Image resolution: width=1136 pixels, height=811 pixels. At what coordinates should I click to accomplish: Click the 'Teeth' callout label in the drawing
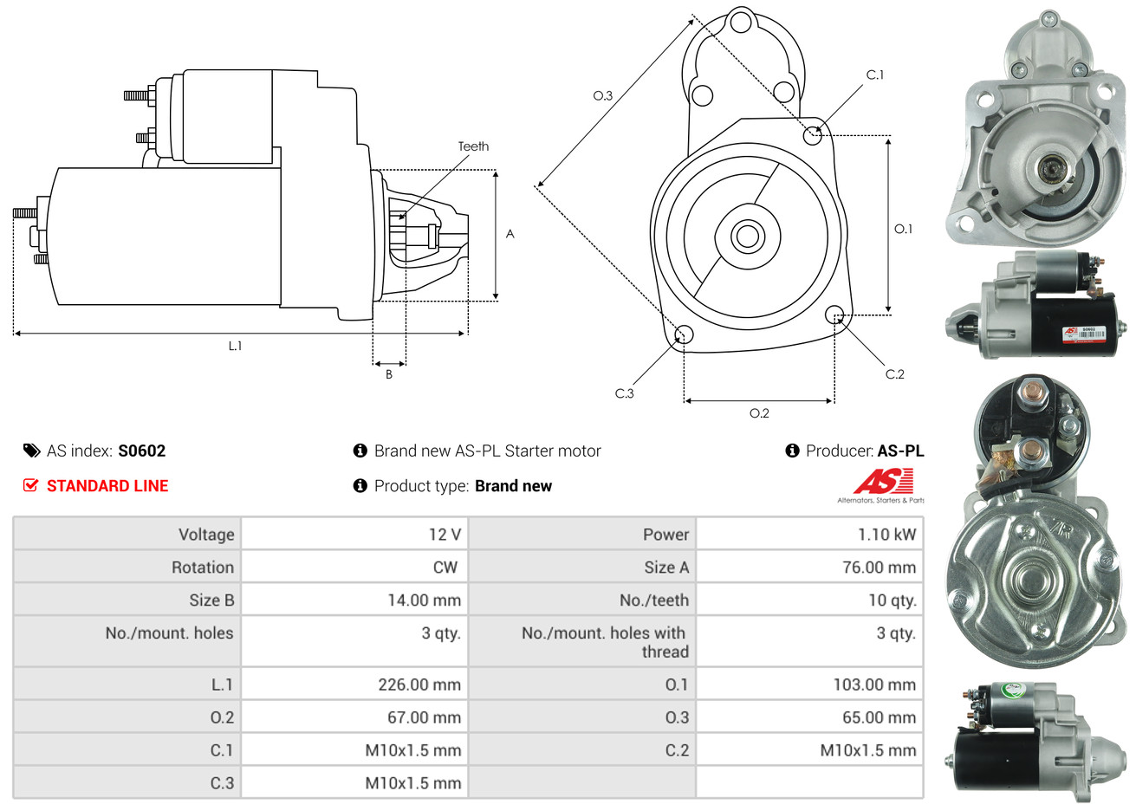(x=473, y=146)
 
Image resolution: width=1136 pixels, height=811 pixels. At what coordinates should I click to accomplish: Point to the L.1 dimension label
(x=235, y=346)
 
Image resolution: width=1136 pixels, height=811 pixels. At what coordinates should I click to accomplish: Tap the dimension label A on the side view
(x=510, y=234)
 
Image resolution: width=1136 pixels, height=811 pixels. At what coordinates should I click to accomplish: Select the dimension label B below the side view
(x=389, y=374)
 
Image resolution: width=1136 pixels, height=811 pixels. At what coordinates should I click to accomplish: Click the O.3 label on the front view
(x=602, y=95)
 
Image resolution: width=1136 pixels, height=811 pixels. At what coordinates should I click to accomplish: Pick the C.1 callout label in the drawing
(x=875, y=75)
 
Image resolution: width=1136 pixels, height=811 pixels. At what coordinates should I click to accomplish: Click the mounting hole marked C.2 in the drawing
(x=834, y=314)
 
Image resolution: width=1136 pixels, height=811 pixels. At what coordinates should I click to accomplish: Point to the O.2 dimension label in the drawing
(x=759, y=413)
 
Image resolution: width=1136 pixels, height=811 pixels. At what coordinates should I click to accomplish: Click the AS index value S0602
(x=141, y=451)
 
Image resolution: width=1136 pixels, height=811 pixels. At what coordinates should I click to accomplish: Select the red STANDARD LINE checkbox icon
(x=31, y=485)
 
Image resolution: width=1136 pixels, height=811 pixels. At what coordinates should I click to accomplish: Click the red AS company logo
(x=883, y=482)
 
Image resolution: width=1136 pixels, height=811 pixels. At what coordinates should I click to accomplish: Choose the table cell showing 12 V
(x=445, y=535)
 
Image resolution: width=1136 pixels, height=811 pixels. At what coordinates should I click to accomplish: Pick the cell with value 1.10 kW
(x=886, y=535)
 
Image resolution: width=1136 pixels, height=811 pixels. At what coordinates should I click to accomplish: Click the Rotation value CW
(x=445, y=568)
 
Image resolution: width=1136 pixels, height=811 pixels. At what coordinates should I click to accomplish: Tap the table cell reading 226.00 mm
(x=419, y=684)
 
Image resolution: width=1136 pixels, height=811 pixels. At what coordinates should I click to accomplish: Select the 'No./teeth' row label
(x=654, y=600)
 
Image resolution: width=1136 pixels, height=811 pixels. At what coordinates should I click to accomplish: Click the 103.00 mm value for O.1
(x=874, y=684)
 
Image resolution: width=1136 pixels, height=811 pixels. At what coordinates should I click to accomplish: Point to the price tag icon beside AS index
(x=32, y=451)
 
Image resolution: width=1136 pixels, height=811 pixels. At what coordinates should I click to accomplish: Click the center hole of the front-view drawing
(x=745, y=236)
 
